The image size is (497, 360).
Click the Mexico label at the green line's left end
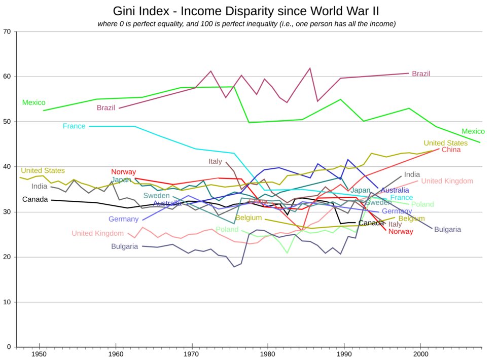33,102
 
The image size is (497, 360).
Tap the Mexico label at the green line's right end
473,131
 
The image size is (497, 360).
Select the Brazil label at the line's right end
420,74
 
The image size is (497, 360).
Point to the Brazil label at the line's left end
105,107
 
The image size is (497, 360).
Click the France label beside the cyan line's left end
74,126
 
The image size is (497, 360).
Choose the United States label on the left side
43,170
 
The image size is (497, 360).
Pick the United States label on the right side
445,143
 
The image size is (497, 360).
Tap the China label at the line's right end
451,150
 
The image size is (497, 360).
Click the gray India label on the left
39,186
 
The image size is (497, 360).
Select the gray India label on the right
412,174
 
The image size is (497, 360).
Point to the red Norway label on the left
123,172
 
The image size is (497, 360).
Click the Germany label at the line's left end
123,219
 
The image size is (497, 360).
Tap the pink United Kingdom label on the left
97,233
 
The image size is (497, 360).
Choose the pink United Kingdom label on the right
447,181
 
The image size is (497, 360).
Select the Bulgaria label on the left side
124,246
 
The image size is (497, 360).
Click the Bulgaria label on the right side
447,229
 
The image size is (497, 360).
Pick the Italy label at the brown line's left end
216,161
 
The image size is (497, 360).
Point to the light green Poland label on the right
422,204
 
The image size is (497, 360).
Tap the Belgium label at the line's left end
249,218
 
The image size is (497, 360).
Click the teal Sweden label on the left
156,195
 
